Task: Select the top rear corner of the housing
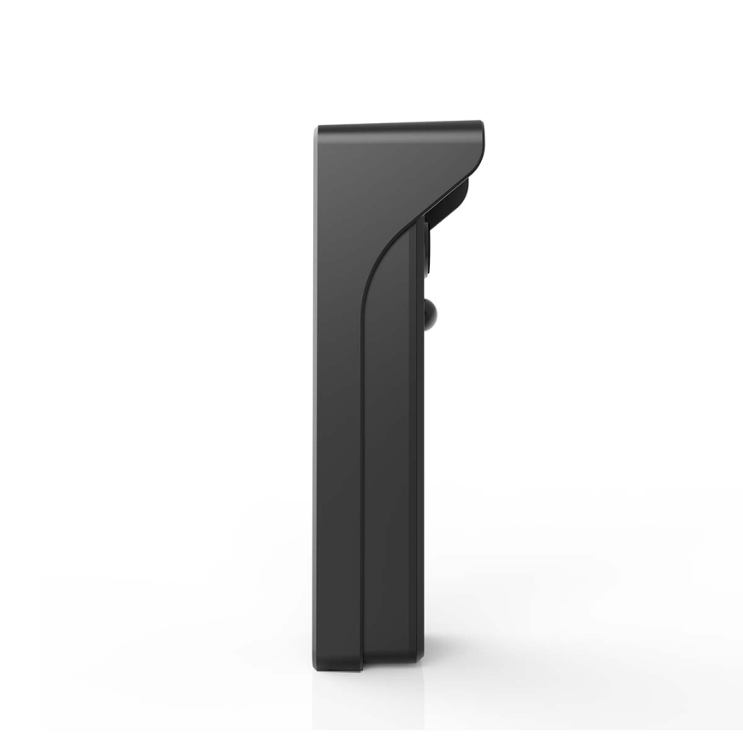tap(319, 130)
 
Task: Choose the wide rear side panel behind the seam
tap(338, 428)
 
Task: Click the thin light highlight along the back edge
tap(315, 385)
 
